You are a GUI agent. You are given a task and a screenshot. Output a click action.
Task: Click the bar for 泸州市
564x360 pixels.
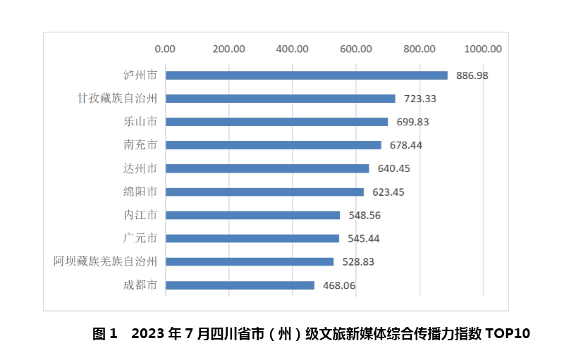point(306,75)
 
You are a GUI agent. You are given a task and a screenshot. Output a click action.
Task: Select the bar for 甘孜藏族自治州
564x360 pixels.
point(280,99)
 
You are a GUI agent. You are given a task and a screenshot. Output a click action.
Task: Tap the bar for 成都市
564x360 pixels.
point(240,285)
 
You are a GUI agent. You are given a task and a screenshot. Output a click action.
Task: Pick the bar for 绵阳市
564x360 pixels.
point(264,192)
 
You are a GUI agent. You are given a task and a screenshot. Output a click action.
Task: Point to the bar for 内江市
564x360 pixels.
point(252,215)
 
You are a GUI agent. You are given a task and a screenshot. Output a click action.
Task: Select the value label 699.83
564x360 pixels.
point(412,122)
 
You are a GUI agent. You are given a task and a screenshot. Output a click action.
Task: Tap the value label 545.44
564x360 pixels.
point(364,239)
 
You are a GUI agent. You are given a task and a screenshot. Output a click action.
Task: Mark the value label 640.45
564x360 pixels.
point(393,168)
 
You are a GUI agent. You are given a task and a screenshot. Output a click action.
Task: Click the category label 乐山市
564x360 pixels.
point(140,121)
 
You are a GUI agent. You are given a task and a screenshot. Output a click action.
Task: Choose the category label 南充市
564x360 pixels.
point(140,144)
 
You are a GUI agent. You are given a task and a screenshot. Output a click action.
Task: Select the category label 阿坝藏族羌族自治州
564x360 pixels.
point(105,261)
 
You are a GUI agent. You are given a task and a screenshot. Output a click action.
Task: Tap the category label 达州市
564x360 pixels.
point(140,168)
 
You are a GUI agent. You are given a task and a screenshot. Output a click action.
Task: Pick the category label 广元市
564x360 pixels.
point(140,238)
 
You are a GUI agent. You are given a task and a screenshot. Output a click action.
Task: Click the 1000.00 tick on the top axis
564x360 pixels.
point(483,49)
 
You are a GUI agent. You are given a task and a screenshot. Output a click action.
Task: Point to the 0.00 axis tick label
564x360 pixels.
point(165,49)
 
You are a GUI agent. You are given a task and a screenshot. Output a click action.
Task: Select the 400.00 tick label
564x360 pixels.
point(293,49)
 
